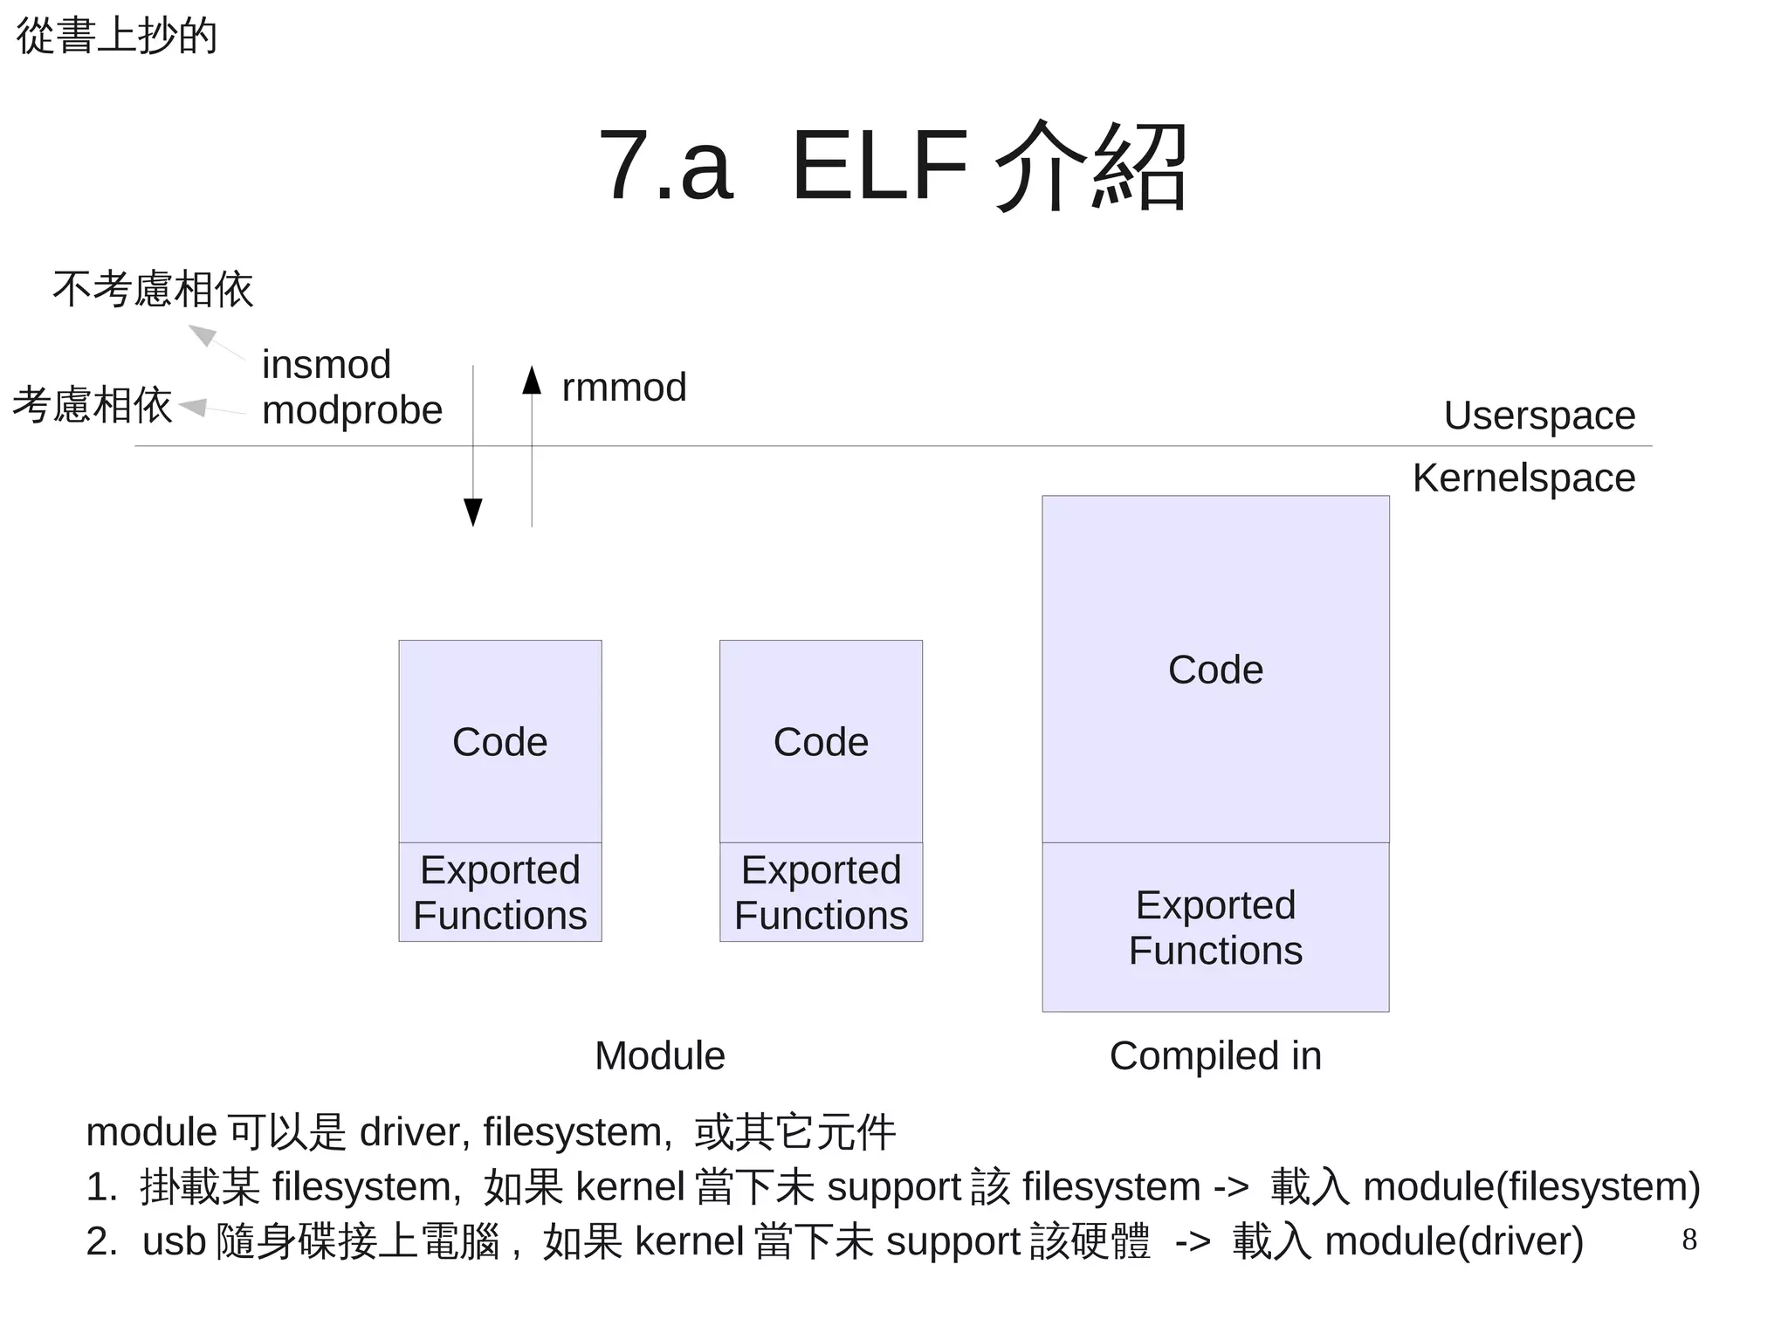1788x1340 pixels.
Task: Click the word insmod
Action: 326,365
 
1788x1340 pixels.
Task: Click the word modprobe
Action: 352,410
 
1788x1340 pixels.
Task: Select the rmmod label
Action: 624,388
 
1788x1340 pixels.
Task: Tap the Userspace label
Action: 1539,416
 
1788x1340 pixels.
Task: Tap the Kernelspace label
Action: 1523,478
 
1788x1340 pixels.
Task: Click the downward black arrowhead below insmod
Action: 473,512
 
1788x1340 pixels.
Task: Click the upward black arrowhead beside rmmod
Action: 532,381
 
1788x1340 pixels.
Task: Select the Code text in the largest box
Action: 1215,670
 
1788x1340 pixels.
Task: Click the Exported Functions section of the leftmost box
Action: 500,892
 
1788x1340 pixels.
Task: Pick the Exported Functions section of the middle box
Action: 821,892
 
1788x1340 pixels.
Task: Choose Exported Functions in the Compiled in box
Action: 1215,927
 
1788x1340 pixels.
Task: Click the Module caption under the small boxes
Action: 659,1056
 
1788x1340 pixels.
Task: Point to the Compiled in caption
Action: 1215,1056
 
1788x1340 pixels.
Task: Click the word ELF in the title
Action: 879,166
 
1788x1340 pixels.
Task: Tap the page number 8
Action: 1689,1240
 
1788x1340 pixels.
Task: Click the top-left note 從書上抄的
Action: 117,37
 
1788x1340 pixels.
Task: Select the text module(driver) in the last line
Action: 1454,1241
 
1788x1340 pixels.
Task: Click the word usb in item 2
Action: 174,1241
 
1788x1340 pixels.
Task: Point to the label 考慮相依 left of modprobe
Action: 93,406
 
